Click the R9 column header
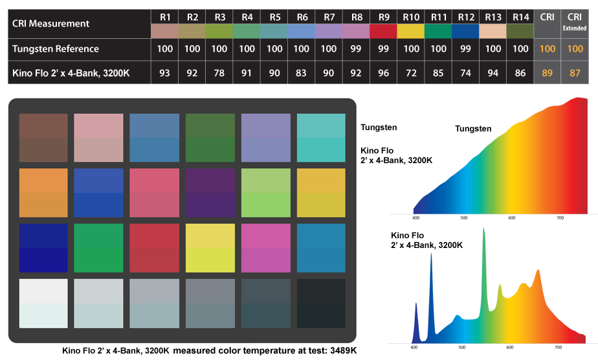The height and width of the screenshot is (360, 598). pyautogui.click(x=384, y=16)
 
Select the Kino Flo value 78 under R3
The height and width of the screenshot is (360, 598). pyautogui.click(x=219, y=73)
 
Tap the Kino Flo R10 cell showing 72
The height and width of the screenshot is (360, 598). pyautogui.click(x=411, y=73)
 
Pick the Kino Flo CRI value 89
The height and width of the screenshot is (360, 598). pyautogui.click(x=547, y=73)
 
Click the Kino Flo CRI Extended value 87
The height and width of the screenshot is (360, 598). pyautogui.click(x=574, y=73)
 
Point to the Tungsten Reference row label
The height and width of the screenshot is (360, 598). pyautogui.click(x=56, y=49)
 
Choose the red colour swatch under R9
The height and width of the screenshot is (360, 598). pyautogui.click(x=384, y=31)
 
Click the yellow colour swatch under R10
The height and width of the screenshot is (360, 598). pyautogui.click(x=411, y=31)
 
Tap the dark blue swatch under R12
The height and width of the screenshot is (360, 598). pyautogui.click(x=466, y=31)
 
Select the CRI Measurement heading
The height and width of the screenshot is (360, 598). pyautogui.click(x=51, y=23)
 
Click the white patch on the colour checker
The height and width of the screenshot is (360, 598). pyautogui.click(x=43, y=303)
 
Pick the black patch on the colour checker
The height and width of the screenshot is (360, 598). pyautogui.click(x=321, y=303)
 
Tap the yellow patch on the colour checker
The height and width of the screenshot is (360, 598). pyautogui.click(x=210, y=247)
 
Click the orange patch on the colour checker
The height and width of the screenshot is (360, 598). pyautogui.click(x=43, y=192)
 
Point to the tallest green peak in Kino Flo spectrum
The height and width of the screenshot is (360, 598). pyautogui.click(x=483, y=231)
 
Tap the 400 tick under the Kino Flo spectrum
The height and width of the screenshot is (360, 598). pyautogui.click(x=415, y=348)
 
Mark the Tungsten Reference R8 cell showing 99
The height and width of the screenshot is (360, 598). pyautogui.click(x=357, y=49)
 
